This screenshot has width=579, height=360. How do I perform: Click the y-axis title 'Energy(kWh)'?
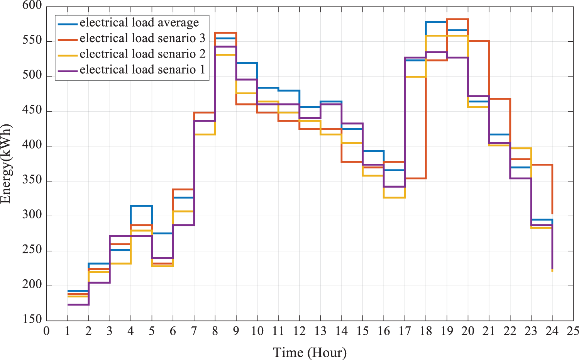(6, 164)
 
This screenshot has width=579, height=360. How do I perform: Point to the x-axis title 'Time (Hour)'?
(310, 352)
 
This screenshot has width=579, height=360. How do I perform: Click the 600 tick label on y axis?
(32, 5)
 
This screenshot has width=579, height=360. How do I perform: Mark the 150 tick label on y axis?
(32, 319)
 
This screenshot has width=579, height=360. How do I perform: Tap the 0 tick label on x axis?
(46, 331)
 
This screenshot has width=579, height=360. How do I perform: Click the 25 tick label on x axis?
(573, 331)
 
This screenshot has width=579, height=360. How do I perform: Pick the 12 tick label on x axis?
(299, 331)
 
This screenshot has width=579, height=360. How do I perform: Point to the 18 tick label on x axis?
(426, 331)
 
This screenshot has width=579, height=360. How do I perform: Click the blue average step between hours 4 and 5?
(141, 206)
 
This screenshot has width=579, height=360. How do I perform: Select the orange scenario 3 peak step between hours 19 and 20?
(457, 19)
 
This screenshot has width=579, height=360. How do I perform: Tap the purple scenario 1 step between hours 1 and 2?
(78, 305)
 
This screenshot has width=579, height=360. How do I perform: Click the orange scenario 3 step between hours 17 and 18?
(415, 178)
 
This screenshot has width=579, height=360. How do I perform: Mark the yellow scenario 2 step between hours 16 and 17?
(394, 198)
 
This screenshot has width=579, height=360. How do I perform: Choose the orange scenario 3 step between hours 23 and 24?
(542, 165)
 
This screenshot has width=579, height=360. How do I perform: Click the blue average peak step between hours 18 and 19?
(436, 22)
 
